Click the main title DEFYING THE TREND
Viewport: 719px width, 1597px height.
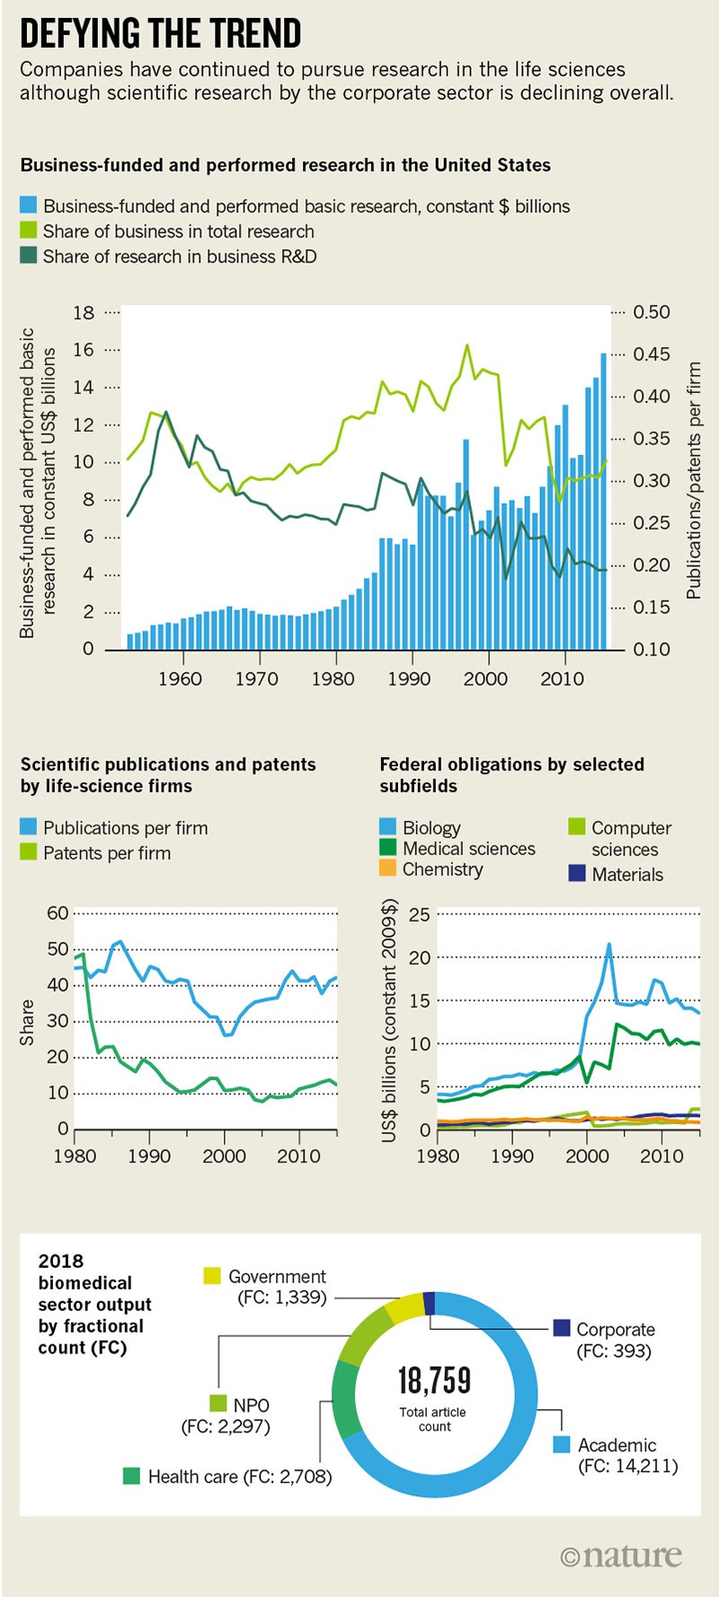[x=160, y=34]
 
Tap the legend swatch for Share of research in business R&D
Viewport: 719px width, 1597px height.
[x=29, y=256]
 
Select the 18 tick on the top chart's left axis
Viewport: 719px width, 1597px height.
[x=84, y=313]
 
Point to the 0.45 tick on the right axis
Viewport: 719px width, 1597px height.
[x=651, y=354]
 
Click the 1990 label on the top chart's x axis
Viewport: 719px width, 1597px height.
[x=409, y=679]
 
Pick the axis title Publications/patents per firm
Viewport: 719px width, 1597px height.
[x=693, y=481]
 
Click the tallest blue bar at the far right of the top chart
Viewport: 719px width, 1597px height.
[x=603, y=500]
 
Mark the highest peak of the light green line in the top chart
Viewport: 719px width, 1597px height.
[x=467, y=345]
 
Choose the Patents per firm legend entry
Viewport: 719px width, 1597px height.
[x=106, y=853]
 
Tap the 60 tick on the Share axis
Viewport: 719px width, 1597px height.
[x=58, y=914]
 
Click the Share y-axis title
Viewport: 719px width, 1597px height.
[x=27, y=1022]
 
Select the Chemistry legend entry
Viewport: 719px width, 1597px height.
[x=442, y=870]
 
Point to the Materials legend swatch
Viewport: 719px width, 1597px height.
[x=577, y=873]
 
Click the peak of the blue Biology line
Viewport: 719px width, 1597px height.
[x=609, y=945]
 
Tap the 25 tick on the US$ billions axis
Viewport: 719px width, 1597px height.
[x=419, y=915]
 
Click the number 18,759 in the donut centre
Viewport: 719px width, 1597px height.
[x=434, y=1380]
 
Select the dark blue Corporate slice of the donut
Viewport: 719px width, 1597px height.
[x=429, y=1303]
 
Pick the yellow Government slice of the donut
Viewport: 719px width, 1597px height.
[x=404, y=1307]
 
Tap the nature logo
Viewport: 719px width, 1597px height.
[x=621, y=1557]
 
